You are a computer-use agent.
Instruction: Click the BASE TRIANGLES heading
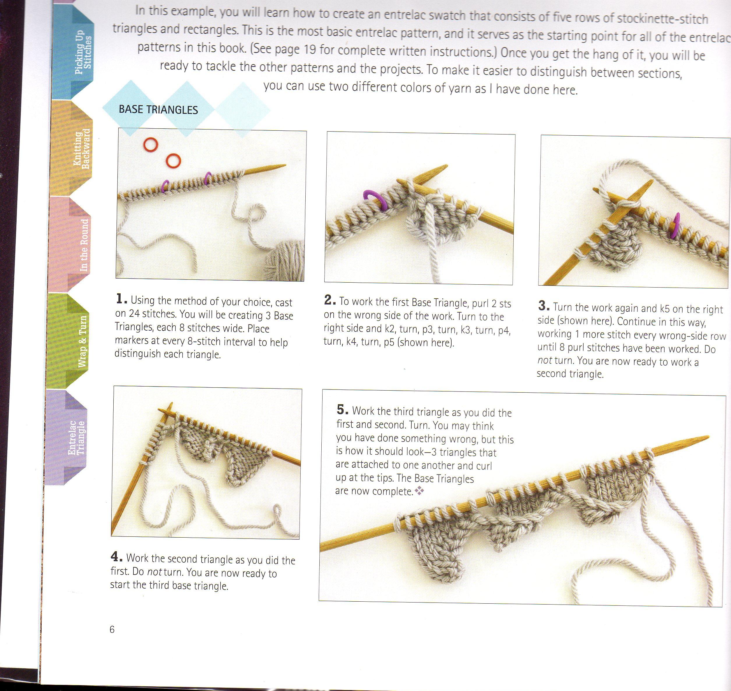[158, 110]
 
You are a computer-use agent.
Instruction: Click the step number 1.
[121, 299]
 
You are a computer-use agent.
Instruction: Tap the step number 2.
[330, 300]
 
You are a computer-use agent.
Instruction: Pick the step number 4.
[117, 557]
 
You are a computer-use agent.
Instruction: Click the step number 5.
[342, 409]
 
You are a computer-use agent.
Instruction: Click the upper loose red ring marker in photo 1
[150, 144]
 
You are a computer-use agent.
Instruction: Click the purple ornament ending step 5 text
[419, 491]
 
